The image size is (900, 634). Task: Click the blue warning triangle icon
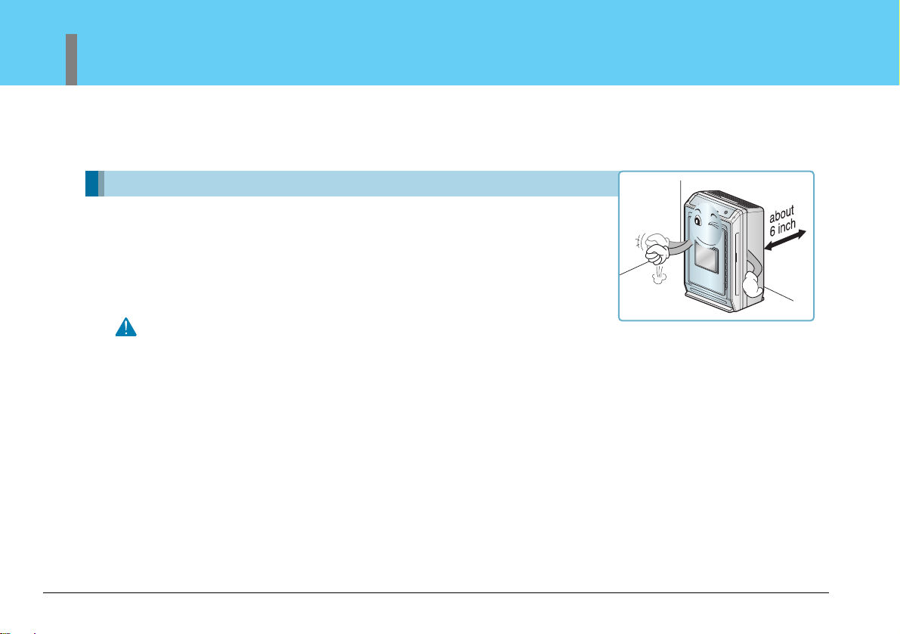click(x=125, y=327)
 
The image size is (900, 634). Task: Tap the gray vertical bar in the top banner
click(x=71, y=60)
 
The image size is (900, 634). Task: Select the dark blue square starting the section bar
click(x=92, y=184)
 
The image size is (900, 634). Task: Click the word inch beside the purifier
click(x=787, y=227)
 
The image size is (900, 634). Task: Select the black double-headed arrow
click(x=784, y=240)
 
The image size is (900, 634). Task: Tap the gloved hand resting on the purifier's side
click(x=752, y=285)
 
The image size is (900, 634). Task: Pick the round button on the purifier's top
click(x=725, y=212)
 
